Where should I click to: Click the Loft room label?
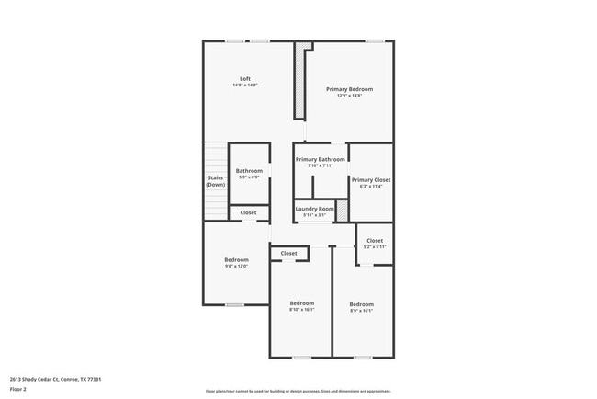click(x=244, y=78)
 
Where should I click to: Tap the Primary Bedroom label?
click(x=349, y=89)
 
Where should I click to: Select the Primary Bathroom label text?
click(x=320, y=159)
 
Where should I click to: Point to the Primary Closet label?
click(x=371, y=180)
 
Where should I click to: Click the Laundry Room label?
click(x=314, y=209)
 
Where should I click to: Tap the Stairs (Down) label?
click(x=215, y=181)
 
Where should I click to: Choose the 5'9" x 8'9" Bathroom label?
click(x=249, y=171)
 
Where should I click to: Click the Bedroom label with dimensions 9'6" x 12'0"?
click(x=236, y=260)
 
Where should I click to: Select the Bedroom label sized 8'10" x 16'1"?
click(x=302, y=303)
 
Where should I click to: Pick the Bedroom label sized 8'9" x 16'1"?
click(x=361, y=304)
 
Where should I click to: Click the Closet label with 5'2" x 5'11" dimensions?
click(x=374, y=241)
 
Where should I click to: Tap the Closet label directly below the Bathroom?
click(x=249, y=213)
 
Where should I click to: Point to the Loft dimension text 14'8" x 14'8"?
click(x=244, y=85)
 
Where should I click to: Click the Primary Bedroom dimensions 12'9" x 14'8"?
click(x=349, y=96)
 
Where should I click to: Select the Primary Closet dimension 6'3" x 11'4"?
click(x=371, y=187)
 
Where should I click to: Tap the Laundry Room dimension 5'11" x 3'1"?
click(x=314, y=215)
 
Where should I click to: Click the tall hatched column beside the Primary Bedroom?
click(x=298, y=83)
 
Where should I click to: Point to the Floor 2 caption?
click(x=18, y=389)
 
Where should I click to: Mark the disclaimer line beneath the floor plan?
click(x=298, y=391)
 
